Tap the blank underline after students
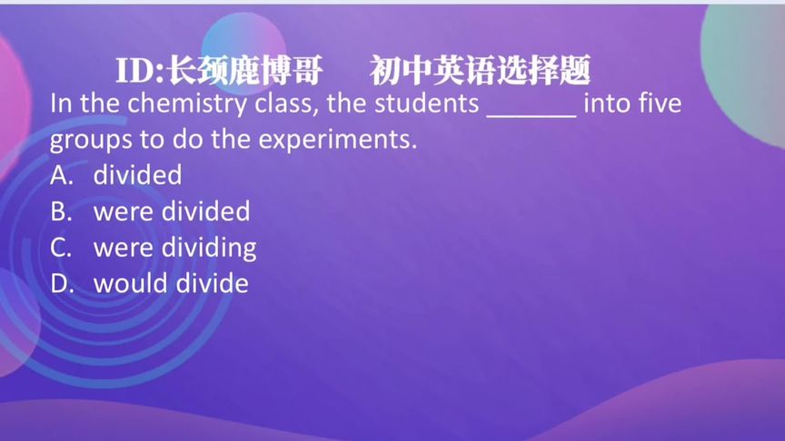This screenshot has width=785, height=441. point(532,107)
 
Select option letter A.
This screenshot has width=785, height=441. point(61,175)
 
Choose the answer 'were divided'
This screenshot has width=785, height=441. point(172,211)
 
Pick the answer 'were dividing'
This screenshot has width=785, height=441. point(174,248)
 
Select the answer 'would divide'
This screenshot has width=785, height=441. point(171,283)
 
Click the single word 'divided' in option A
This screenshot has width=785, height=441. point(137,175)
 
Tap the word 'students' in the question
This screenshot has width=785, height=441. point(426,103)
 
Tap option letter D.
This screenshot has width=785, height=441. point(61,283)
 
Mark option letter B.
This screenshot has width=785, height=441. point(61,211)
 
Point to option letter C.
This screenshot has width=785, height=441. point(61,248)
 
